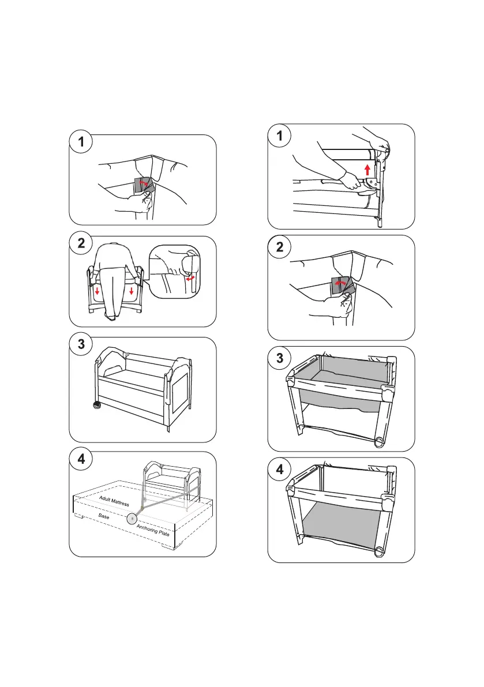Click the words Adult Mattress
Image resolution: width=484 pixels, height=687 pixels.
click(114, 500)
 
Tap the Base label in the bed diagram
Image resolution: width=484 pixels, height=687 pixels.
click(104, 516)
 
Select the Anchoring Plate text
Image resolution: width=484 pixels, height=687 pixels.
click(155, 527)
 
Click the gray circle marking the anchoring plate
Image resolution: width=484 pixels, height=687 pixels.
click(133, 518)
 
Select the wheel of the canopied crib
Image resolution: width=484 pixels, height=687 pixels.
click(96, 404)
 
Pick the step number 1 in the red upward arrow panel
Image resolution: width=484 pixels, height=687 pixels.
click(280, 136)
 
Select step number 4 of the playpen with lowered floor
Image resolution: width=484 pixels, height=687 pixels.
click(280, 469)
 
